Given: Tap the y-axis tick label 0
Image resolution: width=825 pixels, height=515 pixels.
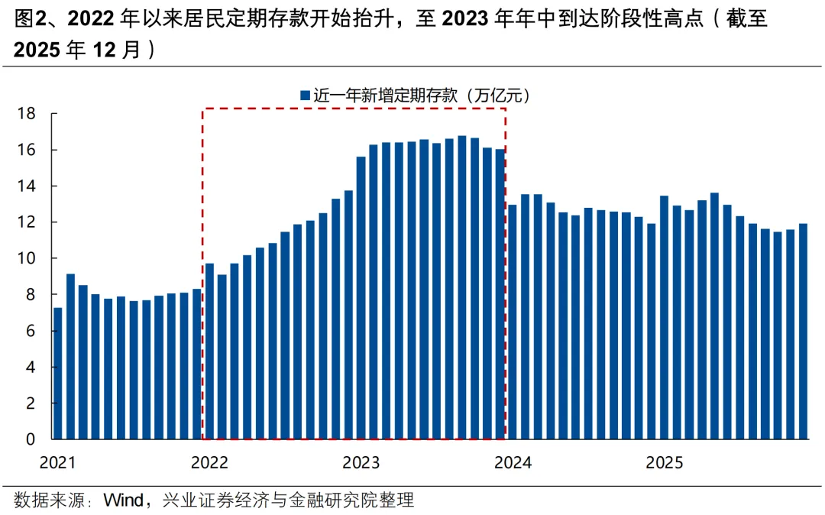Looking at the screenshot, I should (x=31, y=439).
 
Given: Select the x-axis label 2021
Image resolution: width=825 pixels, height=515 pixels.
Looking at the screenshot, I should (x=57, y=462).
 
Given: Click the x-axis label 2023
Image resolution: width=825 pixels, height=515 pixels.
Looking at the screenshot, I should (x=361, y=462).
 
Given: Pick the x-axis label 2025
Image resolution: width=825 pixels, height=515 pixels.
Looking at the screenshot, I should (x=665, y=462).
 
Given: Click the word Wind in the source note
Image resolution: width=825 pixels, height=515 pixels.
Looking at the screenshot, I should (x=123, y=500).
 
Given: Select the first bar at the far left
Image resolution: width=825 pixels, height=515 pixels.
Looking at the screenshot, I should (x=58, y=374).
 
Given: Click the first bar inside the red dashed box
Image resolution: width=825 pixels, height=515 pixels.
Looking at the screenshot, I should (x=210, y=351).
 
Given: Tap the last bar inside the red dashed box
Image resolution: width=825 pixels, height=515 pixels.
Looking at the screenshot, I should (x=500, y=294).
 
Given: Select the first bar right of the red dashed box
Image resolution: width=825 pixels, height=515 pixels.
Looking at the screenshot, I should (x=513, y=322).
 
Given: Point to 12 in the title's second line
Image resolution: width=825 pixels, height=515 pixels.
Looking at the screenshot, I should (x=105, y=50).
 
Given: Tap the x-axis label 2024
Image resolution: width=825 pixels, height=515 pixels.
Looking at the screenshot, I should (x=513, y=462).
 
